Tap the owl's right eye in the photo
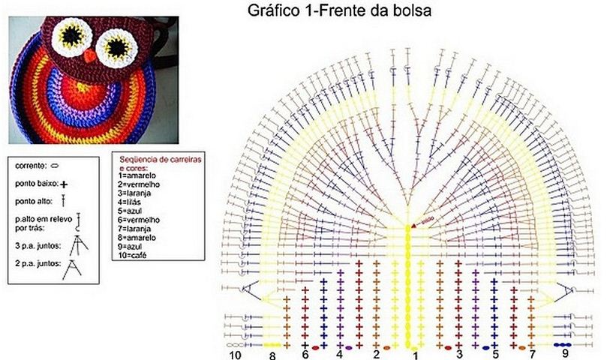click(x=116, y=48)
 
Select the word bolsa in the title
click(x=413, y=12)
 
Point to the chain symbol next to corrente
click(x=56, y=163)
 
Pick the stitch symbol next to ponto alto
click(x=65, y=200)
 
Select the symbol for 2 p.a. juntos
click(x=72, y=268)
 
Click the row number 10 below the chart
click(x=235, y=354)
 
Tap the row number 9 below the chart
click(x=564, y=353)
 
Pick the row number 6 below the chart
click(x=305, y=353)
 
